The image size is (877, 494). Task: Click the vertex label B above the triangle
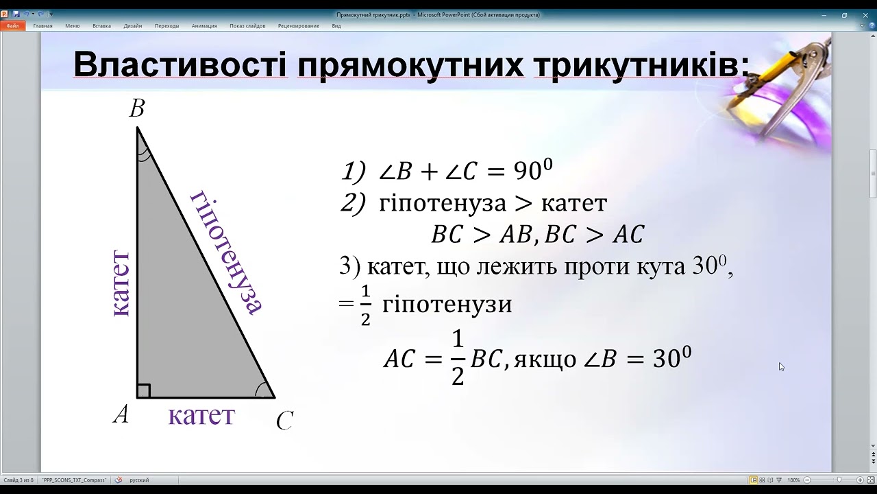[x=137, y=108]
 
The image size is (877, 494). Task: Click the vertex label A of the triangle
[x=121, y=414]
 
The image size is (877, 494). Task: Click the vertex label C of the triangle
[x=284, y=421]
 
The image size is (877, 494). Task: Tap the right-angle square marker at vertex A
[x=143, y=391]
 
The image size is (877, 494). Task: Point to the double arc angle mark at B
[x=144, y=155]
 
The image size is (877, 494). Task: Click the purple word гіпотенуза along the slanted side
[x=226, y=253]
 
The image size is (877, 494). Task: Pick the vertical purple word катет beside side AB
[x=121, y=283]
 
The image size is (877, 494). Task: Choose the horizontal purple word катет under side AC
[x=201, y=416]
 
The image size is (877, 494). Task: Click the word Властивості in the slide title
[x=180, y=64]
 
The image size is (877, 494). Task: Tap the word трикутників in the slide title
[x=641, y=64]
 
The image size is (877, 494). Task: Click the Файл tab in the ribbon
[x=12, y=26]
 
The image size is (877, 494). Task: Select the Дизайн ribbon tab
[x=133, y=26]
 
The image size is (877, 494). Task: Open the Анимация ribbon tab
[x=204, y=26]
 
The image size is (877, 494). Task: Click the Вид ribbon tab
[x=336, y=26]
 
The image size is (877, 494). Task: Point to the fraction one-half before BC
[x=457, y=357]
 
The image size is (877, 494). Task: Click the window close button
[x=865, y=15]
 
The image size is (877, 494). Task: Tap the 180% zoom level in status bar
[x=793, y=480]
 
